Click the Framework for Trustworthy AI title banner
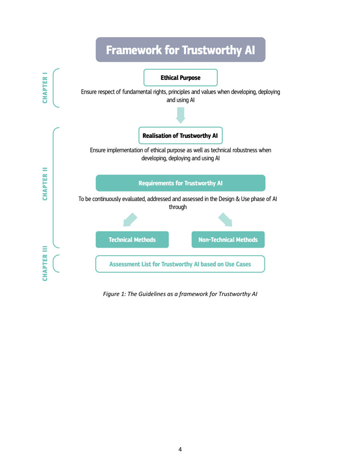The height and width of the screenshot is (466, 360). (180, 49)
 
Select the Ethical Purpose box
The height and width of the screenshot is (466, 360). (180, 77)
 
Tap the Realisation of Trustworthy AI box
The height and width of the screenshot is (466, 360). (180, 135)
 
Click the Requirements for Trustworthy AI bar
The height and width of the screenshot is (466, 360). (180, 183)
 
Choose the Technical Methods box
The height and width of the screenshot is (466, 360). (132, 240)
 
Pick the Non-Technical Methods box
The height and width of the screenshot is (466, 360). (228, 240)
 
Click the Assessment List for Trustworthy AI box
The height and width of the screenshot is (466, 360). (180, 264)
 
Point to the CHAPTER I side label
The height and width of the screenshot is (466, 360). (45, 88)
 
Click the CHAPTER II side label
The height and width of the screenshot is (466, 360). (45, 184)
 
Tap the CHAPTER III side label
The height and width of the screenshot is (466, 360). (45, 263)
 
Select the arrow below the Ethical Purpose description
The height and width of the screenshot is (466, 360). (180, 115)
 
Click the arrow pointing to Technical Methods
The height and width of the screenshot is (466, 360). (130, 220)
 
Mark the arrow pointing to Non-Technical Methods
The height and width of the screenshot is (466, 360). (225, 220)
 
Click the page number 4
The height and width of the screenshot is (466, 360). (180, 449)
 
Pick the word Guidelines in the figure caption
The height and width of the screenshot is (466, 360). (152, 294)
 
